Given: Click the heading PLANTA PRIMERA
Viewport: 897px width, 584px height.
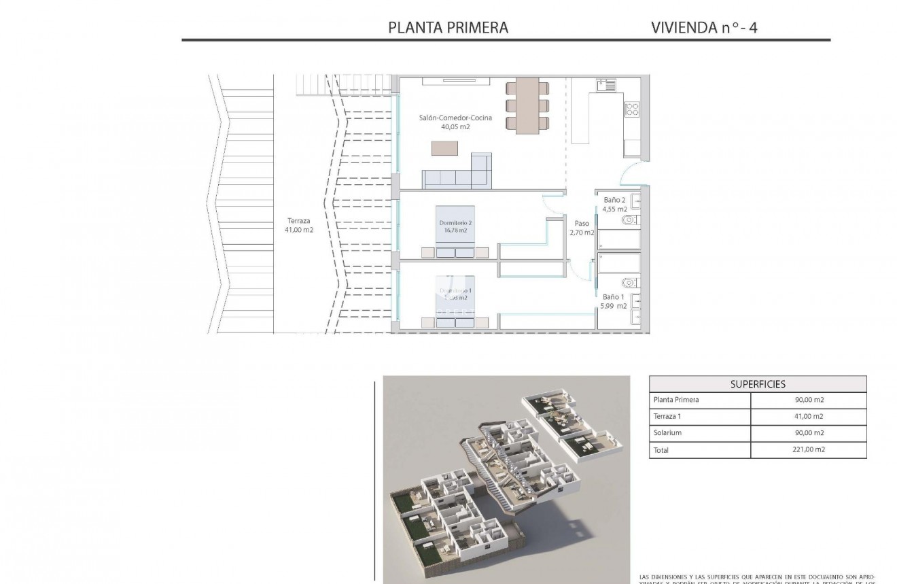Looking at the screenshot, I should point(448,27).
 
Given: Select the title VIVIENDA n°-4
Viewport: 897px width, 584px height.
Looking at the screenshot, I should point(704,27).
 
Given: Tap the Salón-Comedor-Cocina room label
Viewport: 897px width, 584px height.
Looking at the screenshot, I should point(455,122).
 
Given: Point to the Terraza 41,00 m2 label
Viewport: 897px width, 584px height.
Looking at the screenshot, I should point(299,225).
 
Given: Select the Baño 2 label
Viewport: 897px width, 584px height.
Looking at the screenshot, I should point(615,205).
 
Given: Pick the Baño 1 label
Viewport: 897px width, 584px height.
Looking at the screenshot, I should point(614,301).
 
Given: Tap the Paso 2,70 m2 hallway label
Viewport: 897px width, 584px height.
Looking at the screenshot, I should point(582,228).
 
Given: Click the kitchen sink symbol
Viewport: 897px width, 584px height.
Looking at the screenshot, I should point(605,86).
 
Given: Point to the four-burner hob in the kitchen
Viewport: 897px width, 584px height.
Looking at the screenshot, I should point(631,109).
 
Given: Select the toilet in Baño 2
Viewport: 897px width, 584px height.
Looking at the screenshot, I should point(629,220).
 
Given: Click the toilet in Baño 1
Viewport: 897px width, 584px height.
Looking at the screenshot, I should point(629,282).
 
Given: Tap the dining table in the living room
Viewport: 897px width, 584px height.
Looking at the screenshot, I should point(527,105).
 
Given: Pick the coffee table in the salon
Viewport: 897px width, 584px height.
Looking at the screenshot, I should point(444,148).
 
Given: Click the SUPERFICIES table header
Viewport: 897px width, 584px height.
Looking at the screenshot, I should point(758,384).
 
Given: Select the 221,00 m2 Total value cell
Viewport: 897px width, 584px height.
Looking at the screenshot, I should point(809,449).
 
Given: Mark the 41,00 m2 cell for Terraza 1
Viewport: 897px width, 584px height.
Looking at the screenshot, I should point(809,417).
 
